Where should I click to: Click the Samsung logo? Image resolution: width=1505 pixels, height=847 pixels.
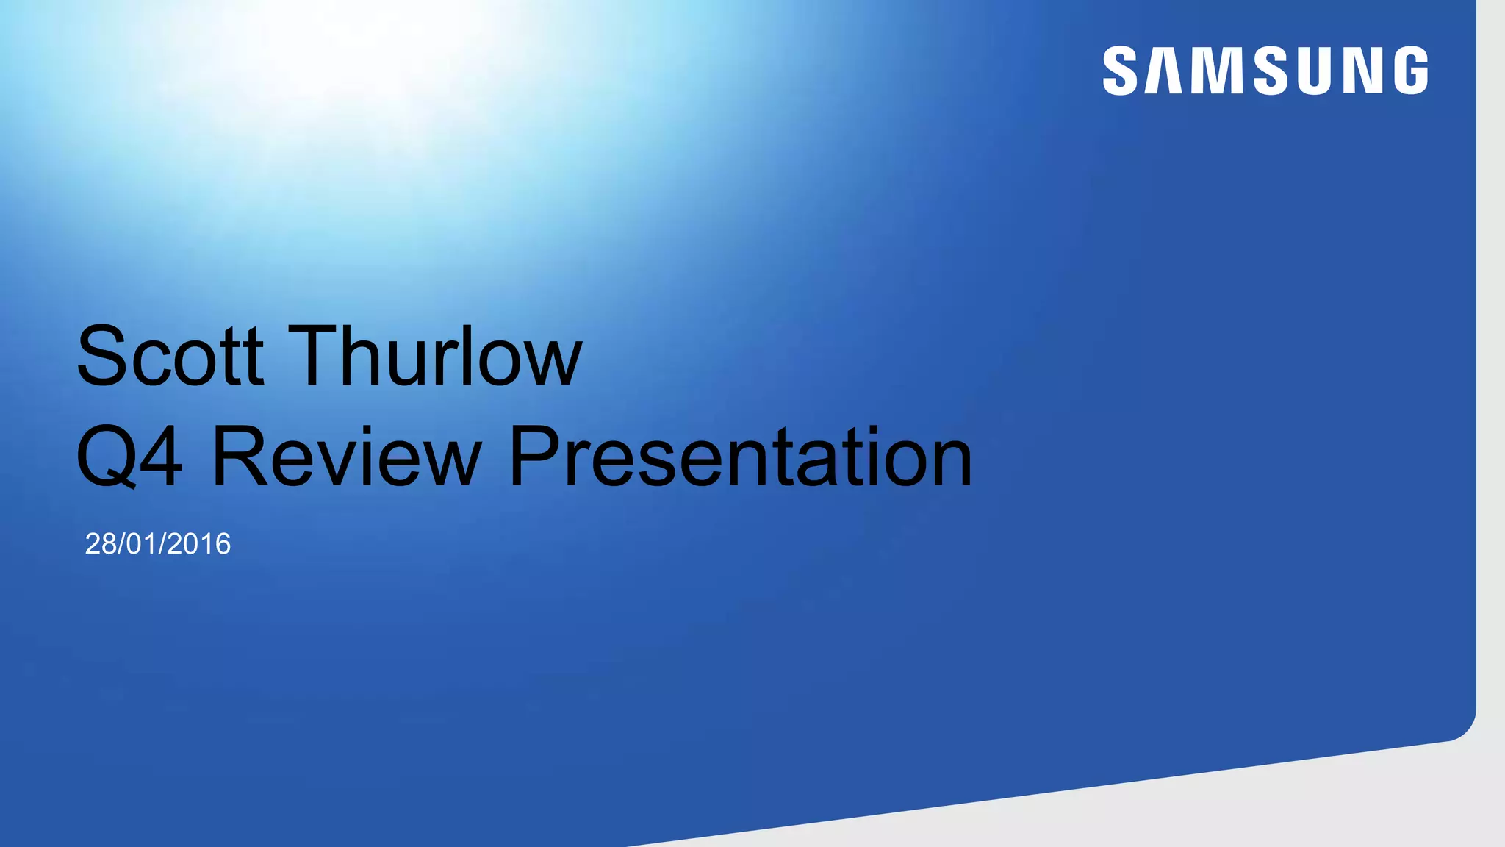point(1265,71)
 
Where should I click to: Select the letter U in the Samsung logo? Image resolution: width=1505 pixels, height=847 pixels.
point(1315,71)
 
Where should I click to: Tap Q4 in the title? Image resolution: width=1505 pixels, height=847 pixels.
point(129,457)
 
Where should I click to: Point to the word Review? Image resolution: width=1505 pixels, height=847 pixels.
point(346,457)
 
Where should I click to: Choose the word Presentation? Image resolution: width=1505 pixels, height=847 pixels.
point(740,457)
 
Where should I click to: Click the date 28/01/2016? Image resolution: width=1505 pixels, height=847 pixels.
point(158,544)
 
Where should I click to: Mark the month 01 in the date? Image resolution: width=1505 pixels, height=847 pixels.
point(143,544)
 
